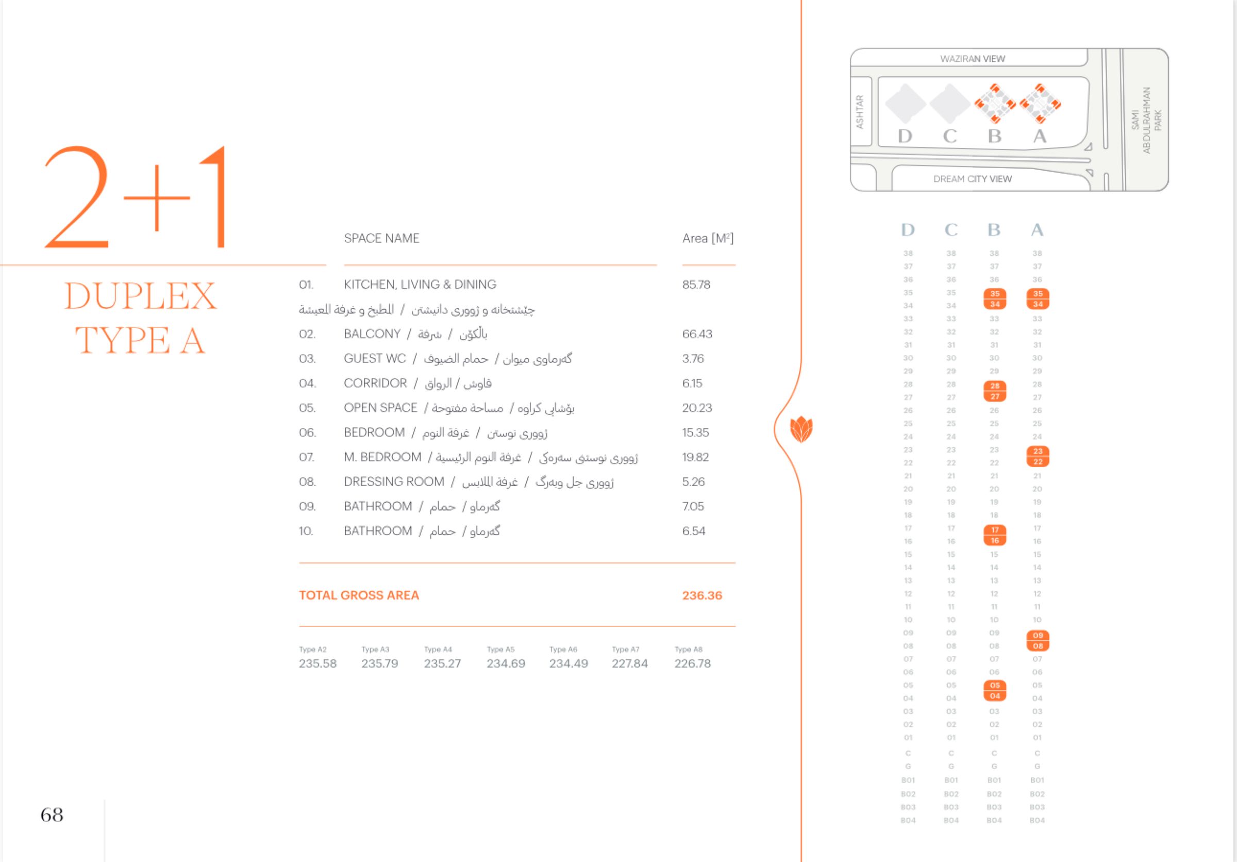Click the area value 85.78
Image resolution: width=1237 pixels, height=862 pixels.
(696, 285)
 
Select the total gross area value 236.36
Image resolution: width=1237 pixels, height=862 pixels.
(702, 595)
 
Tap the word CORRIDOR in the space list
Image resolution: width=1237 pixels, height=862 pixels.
(375, 383)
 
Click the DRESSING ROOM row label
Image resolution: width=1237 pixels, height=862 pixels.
(394, 482)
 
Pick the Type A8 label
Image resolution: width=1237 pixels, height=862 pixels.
(689, 649)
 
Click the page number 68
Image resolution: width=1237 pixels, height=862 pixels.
(52, 815)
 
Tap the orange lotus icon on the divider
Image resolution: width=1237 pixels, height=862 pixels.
(801, 429)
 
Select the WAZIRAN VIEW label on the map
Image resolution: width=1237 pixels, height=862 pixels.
(973, 59)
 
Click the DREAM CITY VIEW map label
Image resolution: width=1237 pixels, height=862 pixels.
(973, 179)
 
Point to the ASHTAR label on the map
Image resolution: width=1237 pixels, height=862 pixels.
(860, 111)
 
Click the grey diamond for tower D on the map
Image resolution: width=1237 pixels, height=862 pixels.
(905, 103)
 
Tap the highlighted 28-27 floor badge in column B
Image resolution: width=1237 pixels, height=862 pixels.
(995, 391)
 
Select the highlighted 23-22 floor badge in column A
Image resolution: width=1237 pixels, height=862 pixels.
(1038, 456)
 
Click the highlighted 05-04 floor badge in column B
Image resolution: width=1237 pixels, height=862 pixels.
(995, 691)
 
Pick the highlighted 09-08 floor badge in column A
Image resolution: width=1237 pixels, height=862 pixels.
(1038, 641)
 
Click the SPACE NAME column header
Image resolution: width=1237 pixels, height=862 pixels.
(381, 238)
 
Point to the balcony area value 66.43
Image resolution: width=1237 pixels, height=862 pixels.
(697, 334)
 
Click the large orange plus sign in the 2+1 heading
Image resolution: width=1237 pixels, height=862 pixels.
(157, 198)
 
